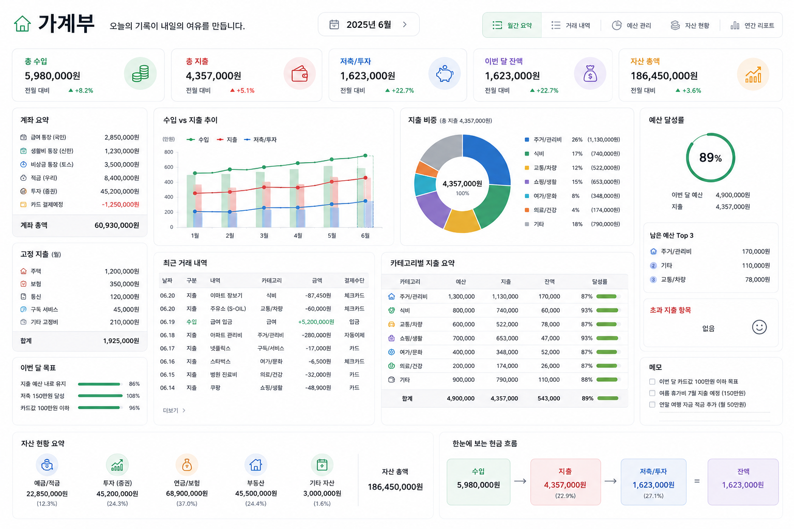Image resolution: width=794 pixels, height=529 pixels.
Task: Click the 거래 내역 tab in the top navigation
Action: (x=571, y=25)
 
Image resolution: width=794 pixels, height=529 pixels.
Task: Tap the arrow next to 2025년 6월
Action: (x=405, y=24)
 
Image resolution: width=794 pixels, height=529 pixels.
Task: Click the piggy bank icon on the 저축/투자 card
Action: (x=445, y=74)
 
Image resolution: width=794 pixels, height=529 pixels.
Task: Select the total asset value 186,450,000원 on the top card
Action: (x=664, y=76)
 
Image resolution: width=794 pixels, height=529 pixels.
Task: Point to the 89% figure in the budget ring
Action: (x=710, y=158)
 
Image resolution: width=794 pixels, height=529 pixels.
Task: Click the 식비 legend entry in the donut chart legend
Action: (x=539, y=154)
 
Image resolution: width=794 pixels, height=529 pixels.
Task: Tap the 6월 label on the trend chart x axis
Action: (x=365, y=236)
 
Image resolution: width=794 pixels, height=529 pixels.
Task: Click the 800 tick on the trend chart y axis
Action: (x=169, y=152)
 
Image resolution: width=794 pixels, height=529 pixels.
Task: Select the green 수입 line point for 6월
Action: (x=365, y=155)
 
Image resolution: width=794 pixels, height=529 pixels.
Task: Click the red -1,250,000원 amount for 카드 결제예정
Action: (x=120, y=205)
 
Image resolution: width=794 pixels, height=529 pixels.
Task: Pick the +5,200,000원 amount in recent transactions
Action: (x=316, y=322)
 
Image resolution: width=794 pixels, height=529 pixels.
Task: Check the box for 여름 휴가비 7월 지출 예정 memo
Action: (x=652, y=393)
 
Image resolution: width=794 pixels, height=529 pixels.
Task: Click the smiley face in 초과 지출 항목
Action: (x=759, y=327)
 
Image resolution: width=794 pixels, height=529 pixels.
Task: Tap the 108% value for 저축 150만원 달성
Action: (x=133, y=396)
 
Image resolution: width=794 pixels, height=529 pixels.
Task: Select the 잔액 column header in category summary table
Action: (x=549, y=282)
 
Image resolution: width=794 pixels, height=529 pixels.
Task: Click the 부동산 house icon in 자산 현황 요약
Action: (x=255, y=464)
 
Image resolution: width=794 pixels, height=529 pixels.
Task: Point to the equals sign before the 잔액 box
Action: (x=697, y=481)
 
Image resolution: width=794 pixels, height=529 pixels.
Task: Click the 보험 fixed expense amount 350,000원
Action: (x=124, y=284)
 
